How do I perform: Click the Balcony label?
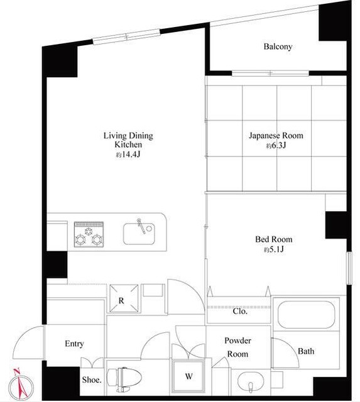point(278,46)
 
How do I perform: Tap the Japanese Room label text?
point(276,136)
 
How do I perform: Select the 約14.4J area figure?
point(128,155)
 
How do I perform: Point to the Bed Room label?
point(273,239)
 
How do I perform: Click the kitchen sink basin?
point(139,234)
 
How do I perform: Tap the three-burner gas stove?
point(89,234)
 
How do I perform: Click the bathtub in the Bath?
point(307,314)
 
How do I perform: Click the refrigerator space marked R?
point(124,298)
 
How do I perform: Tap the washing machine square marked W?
point(188,376)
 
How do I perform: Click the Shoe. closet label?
point(92,379)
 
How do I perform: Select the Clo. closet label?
point(240,312)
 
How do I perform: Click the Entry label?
point(74,344)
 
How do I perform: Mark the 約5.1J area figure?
point(274,249)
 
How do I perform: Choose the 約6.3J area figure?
point(276,146)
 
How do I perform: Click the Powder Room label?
point(237,347)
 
